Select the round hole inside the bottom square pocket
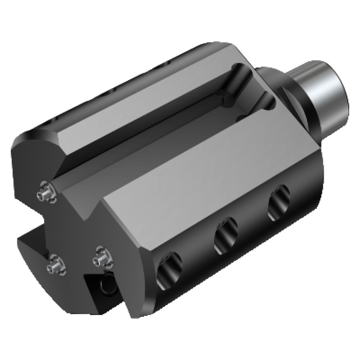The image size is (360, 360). point(109,283)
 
